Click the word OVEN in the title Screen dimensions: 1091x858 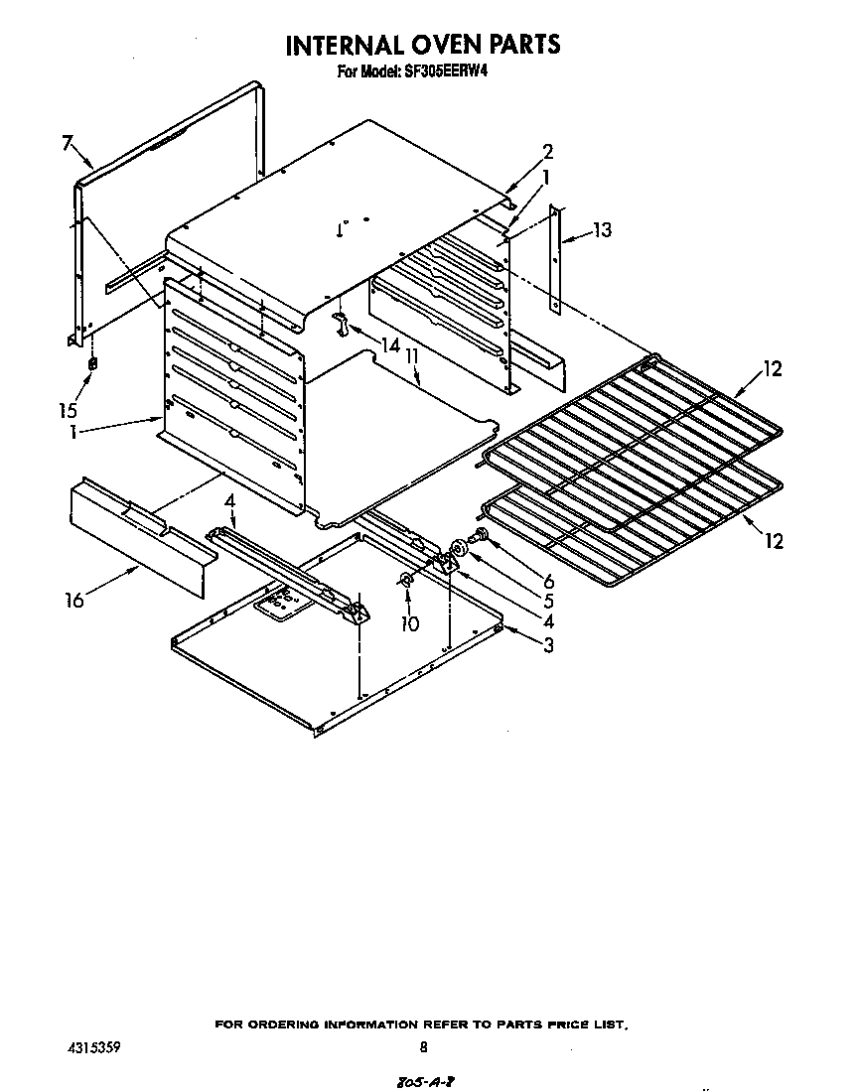[430, 45]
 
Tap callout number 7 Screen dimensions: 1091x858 [68, 143]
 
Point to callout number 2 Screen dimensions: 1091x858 [547, 152]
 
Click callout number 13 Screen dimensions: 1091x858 [602, 230]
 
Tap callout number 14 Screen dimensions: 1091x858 [389, 345]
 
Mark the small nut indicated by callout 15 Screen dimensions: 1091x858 [93, 364]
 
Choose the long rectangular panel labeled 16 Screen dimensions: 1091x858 [139, 536]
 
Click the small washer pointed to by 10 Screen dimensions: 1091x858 [407, 580]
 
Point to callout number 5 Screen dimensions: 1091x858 [548, 601]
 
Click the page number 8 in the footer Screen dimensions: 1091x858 [423, 1046]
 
